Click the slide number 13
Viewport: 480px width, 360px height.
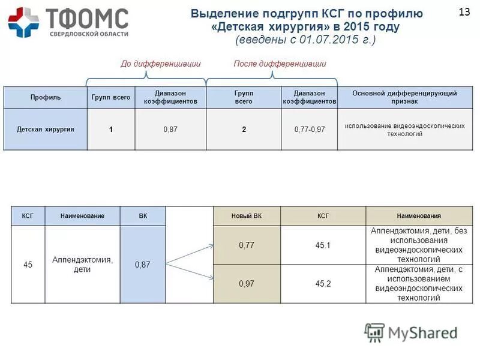[x=464, y=12]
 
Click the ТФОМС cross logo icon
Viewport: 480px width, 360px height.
[x=23, y=23]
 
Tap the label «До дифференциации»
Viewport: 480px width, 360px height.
[x=160, y=64]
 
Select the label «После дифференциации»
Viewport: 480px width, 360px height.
[x=280, y=64]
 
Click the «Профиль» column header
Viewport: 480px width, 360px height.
[x=45, y=98]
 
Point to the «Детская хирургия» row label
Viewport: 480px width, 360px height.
[x=45, y=129]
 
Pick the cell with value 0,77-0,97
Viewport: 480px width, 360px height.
[x=309, y=129]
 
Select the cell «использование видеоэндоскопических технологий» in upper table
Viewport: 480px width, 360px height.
[x=396, y=130]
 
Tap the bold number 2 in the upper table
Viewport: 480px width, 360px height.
[x=244, y=129]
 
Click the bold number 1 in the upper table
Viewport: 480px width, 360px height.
[x=111, y=129]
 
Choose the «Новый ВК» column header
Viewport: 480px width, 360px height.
[x=247, y=216]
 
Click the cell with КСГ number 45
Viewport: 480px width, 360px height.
[x=28, y=264]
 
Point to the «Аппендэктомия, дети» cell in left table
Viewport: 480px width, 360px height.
[x=82, y=264]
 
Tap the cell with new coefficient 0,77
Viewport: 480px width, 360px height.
[x=247, y=245]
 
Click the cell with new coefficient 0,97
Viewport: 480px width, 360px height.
[x=247, y=283]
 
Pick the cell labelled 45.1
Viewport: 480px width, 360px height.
[x=323, y=245]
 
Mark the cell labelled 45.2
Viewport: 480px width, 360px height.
[x=323, y=283]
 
